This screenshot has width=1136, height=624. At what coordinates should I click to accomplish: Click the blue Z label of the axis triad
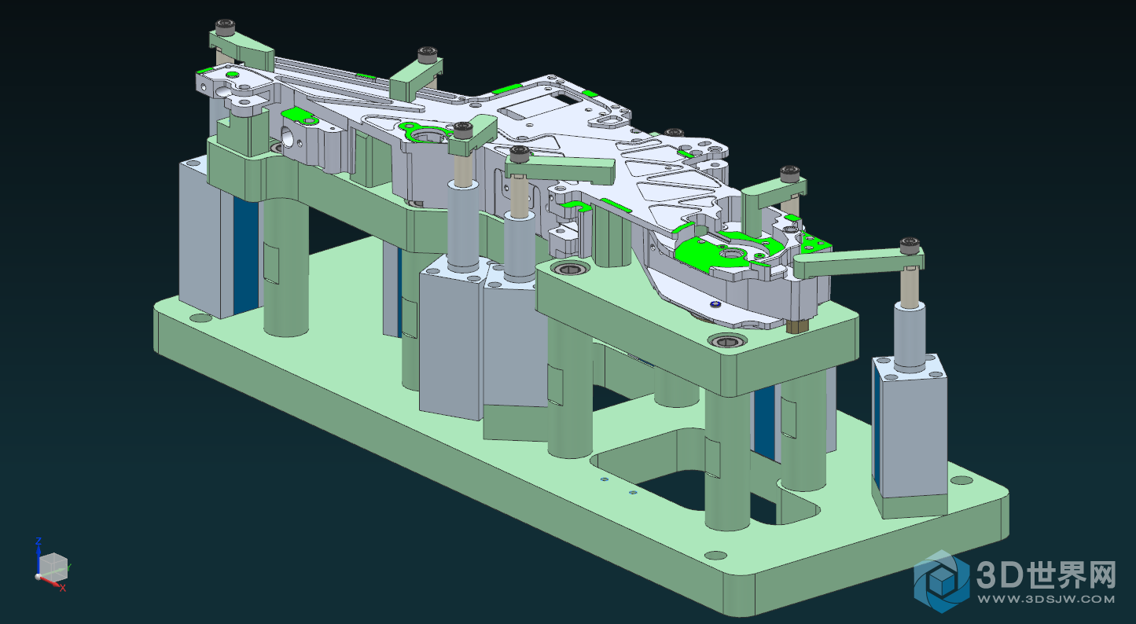[x=38, y=541]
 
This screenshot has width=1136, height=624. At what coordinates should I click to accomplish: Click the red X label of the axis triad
[x=63, y=588]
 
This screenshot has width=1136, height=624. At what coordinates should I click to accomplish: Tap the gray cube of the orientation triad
[x=53, y=567]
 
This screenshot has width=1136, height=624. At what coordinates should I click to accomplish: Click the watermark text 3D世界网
[x=1046, y=575]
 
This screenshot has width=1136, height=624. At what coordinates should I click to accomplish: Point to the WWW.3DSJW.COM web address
[x=1046, y=600]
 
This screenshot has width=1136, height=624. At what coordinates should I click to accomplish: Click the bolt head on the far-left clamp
[x=225, y=27]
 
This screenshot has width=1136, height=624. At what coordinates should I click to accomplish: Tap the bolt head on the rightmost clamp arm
[x=910, y=245]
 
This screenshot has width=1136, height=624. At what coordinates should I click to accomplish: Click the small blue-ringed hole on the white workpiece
[x=715, y=304]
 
